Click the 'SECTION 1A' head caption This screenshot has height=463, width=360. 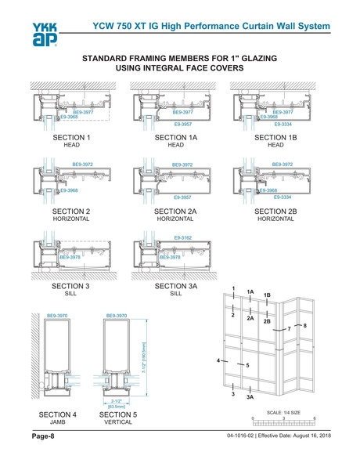click(175, 139)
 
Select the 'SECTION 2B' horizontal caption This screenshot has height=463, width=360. click(275, 212)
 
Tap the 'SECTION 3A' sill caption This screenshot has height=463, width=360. click(175, 288)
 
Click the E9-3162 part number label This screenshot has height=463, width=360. click(183, 236)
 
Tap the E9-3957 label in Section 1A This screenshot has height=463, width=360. click(183, 124)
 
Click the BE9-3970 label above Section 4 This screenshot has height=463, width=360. click(59, 316)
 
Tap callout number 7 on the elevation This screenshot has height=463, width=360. click(289, 328)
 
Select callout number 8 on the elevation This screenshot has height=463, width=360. click(305, 324)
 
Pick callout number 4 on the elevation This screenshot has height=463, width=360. click(218, 360)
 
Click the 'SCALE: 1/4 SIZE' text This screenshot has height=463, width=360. click(285, 411)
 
